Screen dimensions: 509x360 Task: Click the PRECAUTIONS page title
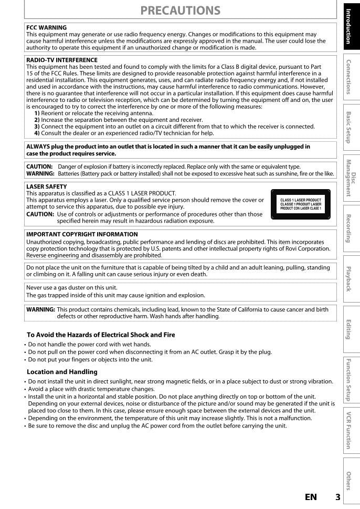181,10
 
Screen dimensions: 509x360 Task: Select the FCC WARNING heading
47,27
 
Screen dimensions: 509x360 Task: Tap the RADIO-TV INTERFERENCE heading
62,60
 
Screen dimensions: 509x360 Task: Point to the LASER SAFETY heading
47,186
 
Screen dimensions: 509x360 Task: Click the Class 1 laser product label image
301,204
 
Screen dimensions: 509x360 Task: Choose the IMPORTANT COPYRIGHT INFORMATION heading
82,234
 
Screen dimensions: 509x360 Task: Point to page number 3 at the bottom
337,497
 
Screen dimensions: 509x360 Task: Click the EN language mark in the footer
311,497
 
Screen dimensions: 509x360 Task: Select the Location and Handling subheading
62,372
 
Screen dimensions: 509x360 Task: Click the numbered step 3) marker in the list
37,127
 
